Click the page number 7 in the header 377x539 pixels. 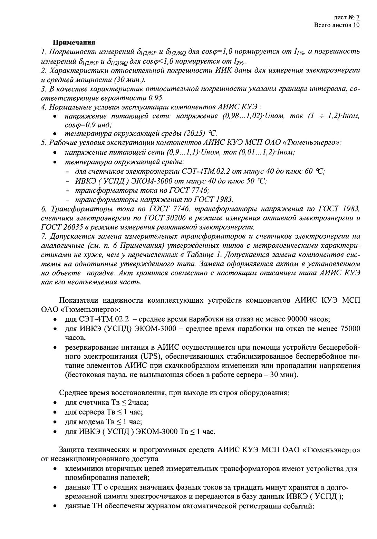(x=358, y=17)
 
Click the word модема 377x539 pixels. (x=92, y=422)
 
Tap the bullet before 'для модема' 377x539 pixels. (x=55, y=422)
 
